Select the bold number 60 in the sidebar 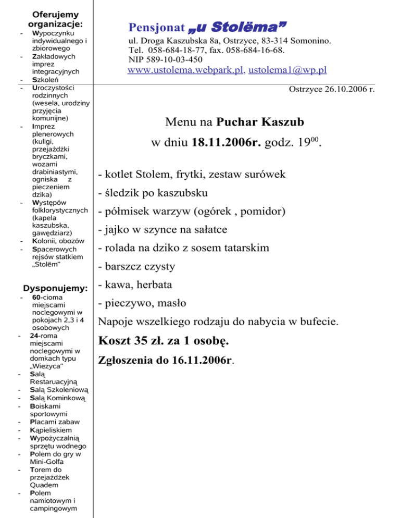[36, 298]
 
